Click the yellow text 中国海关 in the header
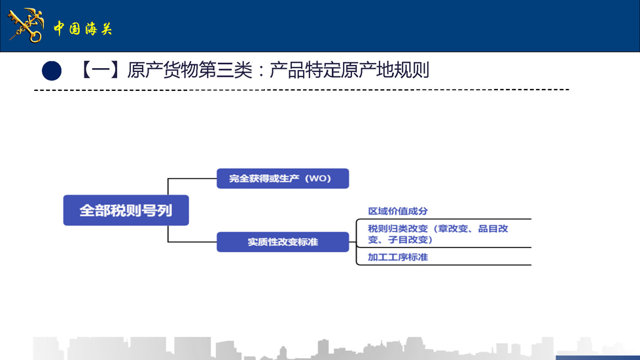coord(82,29)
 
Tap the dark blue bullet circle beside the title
coord(52,71)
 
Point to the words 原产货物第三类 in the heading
coord(190,70)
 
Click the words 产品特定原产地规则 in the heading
coord(349,70)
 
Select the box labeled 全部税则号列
coord(126,210)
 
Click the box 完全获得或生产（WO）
coord(283,179)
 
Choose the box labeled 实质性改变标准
coord(283,242)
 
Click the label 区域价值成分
coord(398,211)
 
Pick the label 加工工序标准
coord(398,257)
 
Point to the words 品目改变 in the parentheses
coord(493,228)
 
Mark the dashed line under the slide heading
coord(302,90)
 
